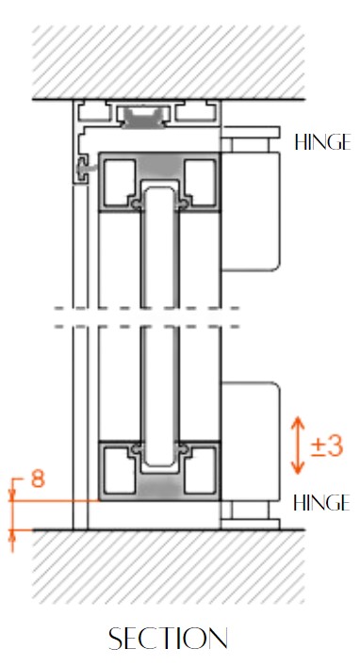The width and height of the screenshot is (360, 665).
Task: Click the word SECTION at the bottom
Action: pos(168,639)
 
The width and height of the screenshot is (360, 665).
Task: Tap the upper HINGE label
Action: pos(322,143)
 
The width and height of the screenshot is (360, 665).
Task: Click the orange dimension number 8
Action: pos(38,478)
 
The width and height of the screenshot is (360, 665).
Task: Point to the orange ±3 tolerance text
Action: pos(326,445)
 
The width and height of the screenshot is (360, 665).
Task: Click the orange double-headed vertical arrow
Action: pos(298,445)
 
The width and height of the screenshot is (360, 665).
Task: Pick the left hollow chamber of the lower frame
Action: pos(118,471)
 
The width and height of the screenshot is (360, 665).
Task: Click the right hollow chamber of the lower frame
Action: pos(200,471)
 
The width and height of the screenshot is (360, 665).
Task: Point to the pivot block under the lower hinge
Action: pos(250,511)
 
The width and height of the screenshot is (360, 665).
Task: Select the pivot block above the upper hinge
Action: pos(250,143)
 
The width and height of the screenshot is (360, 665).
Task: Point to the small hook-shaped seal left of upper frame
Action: pos(88,170)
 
